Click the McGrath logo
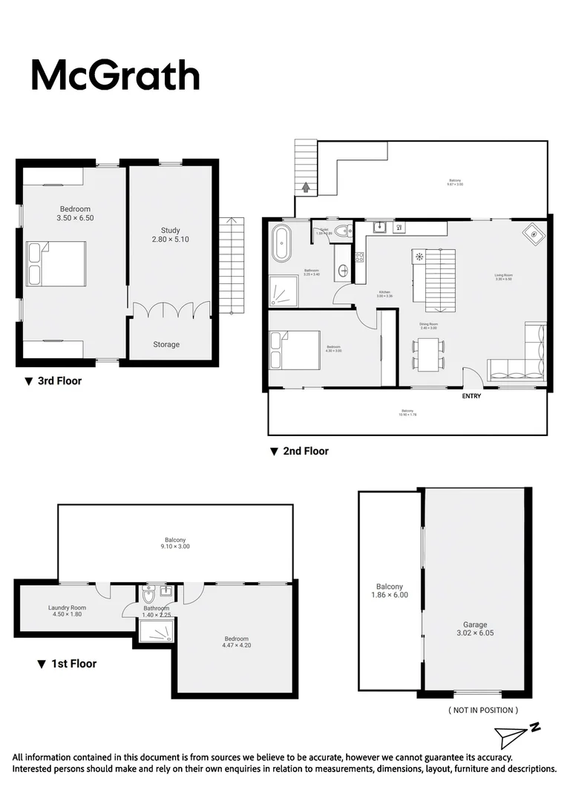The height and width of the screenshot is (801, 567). click(115, 75)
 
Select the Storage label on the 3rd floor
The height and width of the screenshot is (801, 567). click(166, 344)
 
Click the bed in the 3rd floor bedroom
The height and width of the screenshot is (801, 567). click(56, 264)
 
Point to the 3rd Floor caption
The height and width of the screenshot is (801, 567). click(53, 381)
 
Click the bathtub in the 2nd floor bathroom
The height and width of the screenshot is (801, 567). click(282, 243)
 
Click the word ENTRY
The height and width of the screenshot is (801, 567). click(471, 396)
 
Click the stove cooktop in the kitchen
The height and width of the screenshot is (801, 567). click(360, 257)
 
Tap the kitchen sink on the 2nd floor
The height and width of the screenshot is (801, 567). click(378, 227)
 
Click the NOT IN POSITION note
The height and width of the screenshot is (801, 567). click(483, 710)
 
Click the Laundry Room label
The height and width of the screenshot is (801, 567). click(68, 610)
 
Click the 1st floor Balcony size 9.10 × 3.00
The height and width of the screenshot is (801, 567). click(175, 547)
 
